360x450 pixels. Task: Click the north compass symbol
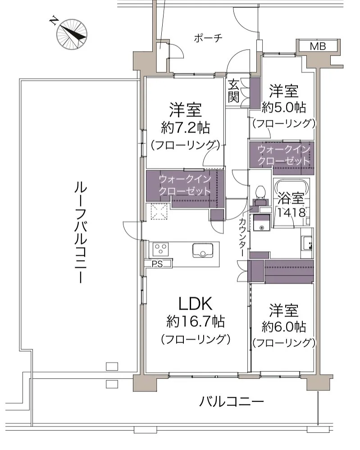click(71, 34)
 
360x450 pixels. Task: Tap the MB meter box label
click(317, 46)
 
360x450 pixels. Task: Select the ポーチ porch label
click(208, 38)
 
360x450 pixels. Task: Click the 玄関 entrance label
click(233, 92)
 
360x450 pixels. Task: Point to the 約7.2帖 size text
click(185, 128)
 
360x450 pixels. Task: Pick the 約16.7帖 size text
click(196, 322)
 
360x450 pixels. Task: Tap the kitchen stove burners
click(160, 248)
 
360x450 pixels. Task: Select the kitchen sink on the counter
click(203, 249)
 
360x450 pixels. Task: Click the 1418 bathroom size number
click(292, 212)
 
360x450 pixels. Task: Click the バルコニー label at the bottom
click(231, 400)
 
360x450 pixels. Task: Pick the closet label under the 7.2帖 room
click(185, 185)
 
